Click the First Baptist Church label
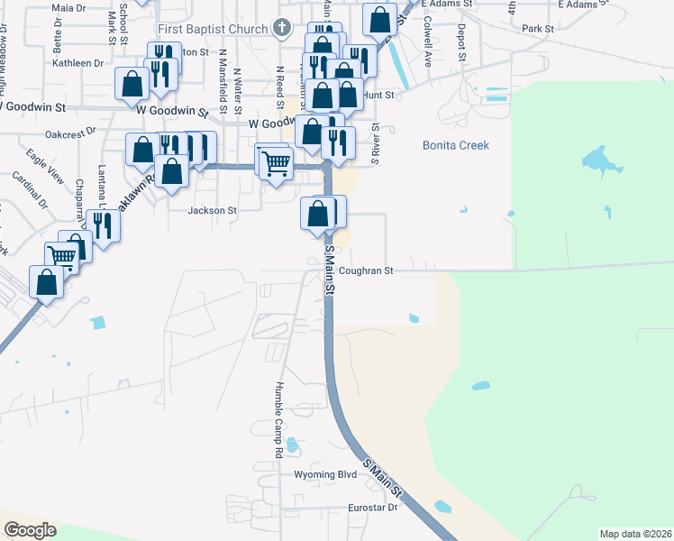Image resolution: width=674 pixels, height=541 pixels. pos(216,29)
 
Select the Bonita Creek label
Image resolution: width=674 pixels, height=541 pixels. pos(456,145)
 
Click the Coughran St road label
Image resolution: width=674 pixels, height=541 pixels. pos(367,270)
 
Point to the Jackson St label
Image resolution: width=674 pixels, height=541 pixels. pos(212,211)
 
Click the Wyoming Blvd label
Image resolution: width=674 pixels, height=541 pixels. pos(326,474)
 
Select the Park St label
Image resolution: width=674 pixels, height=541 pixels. pos(538,29)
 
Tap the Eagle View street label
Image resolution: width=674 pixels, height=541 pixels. pos(45,166)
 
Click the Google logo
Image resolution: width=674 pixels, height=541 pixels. pos(30,530)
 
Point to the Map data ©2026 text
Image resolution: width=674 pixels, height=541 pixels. pos(634,534)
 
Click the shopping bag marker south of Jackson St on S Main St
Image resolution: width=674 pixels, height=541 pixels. pos(317,214)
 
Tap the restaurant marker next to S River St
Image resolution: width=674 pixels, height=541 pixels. pos(338,142)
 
